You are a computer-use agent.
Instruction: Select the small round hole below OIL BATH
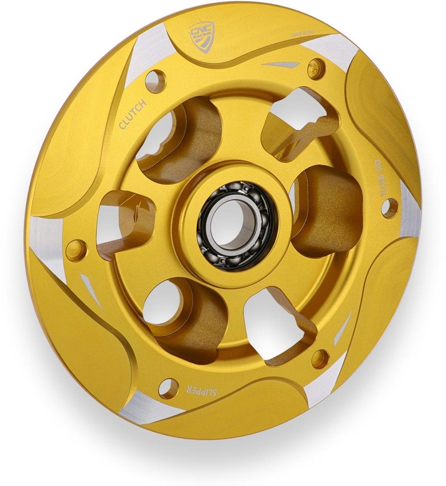click(x=389, y=208)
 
